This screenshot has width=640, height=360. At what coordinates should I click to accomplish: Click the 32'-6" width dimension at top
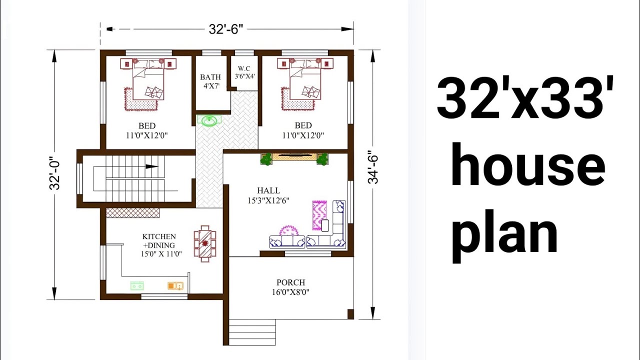(x=226, y=29)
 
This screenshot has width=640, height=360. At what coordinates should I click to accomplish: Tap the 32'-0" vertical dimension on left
(x=54, y=174)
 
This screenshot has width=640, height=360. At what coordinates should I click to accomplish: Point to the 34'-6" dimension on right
(x=373, y=167)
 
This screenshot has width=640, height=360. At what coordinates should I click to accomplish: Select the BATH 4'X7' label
(x=210, y=81)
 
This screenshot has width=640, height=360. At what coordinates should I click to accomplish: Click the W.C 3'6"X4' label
(x=244, y=72)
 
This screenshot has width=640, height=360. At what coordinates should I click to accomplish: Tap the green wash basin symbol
(x=207, y=120)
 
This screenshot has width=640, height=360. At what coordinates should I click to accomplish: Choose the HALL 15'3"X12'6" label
(x=268, y=195)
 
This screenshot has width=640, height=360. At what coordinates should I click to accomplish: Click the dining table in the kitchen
(x=205, y=243)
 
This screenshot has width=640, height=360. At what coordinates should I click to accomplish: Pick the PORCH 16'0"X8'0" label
(x=290, y=287)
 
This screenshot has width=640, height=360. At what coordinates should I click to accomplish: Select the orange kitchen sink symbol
(x=175, y=286)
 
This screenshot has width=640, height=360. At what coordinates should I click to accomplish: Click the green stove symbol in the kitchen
(x=137, y=285)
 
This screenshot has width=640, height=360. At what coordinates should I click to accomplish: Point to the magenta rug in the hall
(x=319, y=215)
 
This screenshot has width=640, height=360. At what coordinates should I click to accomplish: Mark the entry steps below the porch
(x=252, y=332)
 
